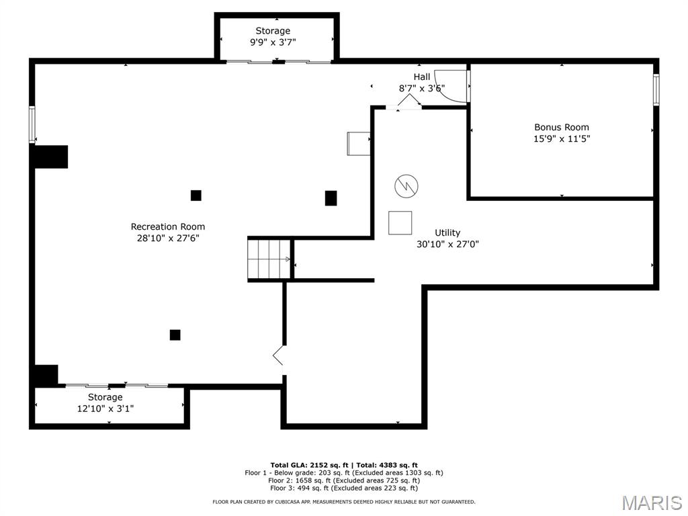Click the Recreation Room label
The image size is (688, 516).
167,227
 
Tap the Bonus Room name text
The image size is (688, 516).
562,127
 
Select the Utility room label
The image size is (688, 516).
447,233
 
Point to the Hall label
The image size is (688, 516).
422,77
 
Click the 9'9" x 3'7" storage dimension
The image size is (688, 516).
273,42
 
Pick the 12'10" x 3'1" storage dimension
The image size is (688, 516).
105,408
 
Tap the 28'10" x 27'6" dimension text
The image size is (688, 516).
168,239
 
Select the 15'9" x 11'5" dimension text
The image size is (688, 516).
562,138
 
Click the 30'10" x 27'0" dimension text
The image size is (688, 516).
447,245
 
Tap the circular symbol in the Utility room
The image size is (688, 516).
406,186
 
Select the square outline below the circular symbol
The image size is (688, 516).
400,223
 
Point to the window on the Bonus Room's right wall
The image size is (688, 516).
656,89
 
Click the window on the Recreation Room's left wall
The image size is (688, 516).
32,124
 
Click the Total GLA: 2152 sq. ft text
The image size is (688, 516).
309,465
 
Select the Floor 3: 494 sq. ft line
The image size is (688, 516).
344,488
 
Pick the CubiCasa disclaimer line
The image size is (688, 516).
344,501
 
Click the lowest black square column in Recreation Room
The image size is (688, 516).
175,335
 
